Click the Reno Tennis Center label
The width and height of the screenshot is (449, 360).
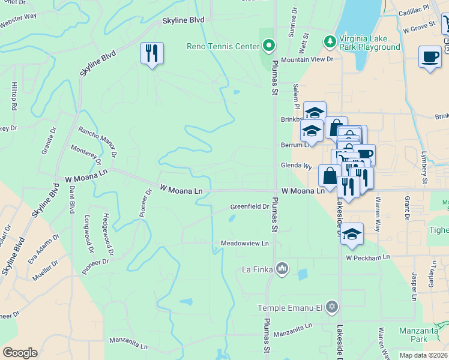tap(224, 46)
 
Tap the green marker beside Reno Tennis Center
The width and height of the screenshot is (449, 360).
tap(269, 46)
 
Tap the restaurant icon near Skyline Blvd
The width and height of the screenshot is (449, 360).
tap(152, 53)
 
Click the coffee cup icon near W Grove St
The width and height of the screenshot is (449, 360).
tap(429, 56)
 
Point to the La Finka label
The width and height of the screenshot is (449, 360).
tap(258, 268)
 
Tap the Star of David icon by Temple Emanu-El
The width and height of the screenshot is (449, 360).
tap(330, 307)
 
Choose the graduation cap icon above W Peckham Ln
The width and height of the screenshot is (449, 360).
tap(352, 233)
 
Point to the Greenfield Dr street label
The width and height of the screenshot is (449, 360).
tap(250, 207)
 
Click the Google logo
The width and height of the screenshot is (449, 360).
tap(20, 353)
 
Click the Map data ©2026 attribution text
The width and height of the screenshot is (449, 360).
tap(423, 355)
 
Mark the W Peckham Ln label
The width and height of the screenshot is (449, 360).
tap(367, 257)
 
